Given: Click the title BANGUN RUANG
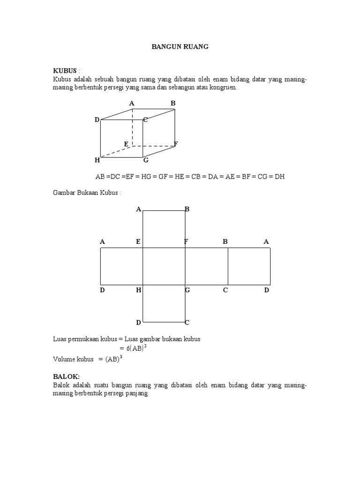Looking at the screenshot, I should (x=180, y=47).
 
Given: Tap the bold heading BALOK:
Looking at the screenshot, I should (x=67, y=376).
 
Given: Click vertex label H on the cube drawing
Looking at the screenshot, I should (x=97, y=160).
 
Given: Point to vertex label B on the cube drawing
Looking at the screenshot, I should (x=173, y=103).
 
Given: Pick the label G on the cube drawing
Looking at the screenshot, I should (x=146, y=160).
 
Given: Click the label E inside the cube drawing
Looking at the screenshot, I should (x=126, y=143).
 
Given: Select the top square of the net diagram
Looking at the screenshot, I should (x=164, y=229).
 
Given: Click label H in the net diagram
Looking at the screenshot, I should (x=139, y=291).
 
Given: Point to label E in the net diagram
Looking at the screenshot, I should (x=138, y=242).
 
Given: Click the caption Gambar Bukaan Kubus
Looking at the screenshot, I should (x=87, y=193).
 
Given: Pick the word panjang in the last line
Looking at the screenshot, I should (x=137, y=394).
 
